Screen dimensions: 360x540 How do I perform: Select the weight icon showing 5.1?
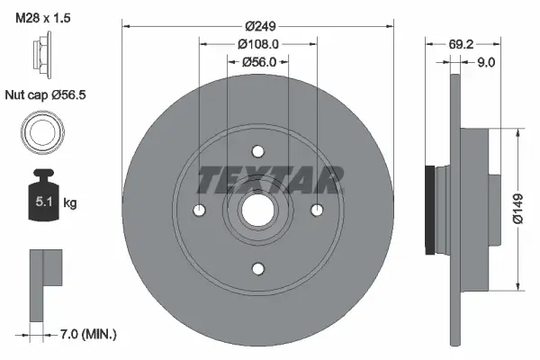(x=42, y=193)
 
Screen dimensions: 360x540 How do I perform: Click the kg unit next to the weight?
(x=70, y=203)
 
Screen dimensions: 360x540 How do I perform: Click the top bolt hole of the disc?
(x=257, y=150)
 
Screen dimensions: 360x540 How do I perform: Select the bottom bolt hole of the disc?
(x=257, y=267)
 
